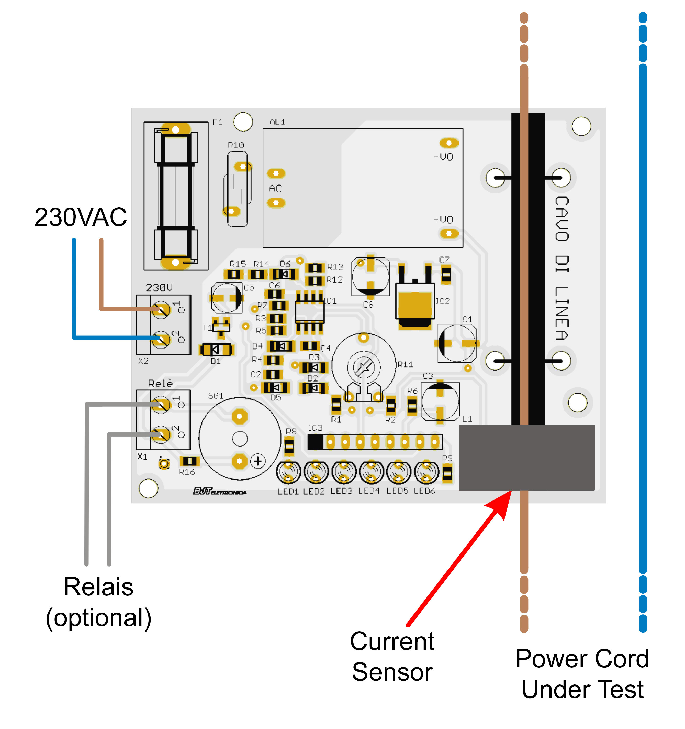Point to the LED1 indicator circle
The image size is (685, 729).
click(288, 472)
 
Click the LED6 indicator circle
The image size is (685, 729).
click(426, 472)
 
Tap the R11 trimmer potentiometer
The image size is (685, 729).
click(364, 367)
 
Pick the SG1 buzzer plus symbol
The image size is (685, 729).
click(258, 461)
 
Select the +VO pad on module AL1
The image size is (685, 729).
click(449, 233)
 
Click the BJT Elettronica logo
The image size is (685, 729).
click(220, 491)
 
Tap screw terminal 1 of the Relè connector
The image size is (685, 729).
click(161, 405)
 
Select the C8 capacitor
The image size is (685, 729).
click(370, 277)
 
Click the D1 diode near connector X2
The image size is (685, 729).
click(216, 350)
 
